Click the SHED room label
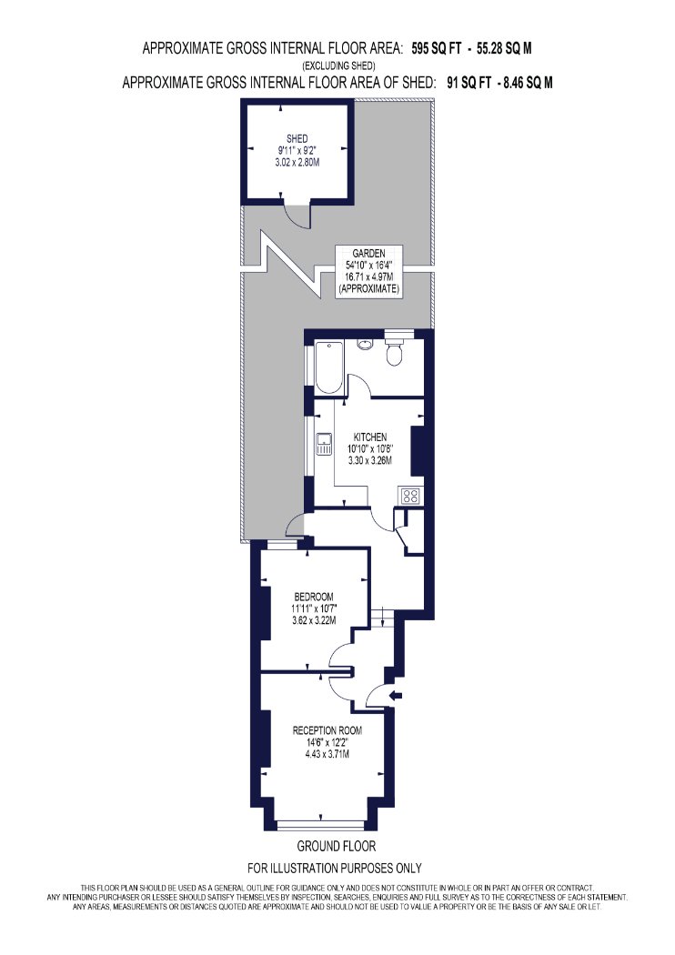(x=297, y=139)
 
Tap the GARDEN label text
(x=368, y=254)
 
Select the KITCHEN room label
(x=369, y=437)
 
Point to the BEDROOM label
(x=314, y=597)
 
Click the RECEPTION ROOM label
(x=327, y=731)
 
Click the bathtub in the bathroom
(x=329, y=367)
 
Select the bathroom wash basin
(x=365, y=345)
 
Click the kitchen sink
(x=324, y=443)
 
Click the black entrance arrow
(x=396, y=695)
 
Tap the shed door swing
(x=298, y=215)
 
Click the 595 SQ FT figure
(x=437, y=49)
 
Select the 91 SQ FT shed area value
(x=468, y=83)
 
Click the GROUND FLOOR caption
(x=337, y=846)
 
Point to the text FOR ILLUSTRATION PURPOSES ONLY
(x=335, y=868)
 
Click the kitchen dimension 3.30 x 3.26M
(x=369, y=461)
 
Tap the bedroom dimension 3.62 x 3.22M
(x=314, y=620)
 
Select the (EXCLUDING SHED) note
(x=338, y=65)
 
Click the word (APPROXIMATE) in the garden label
(x=369, y=289)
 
